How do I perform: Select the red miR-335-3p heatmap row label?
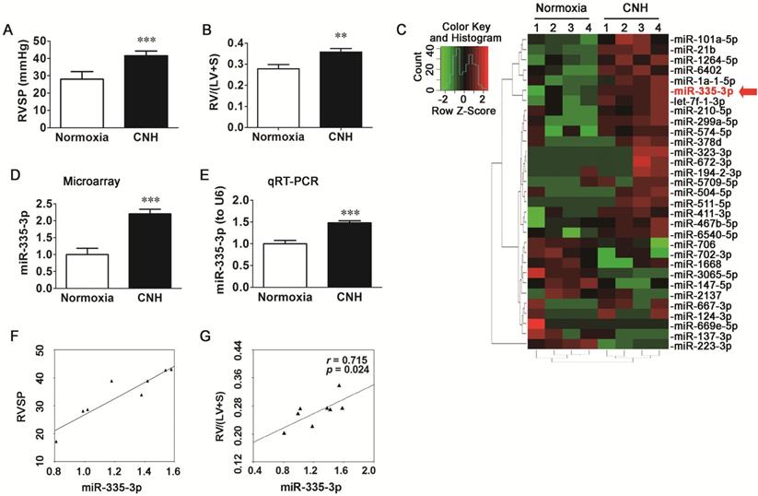699,91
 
